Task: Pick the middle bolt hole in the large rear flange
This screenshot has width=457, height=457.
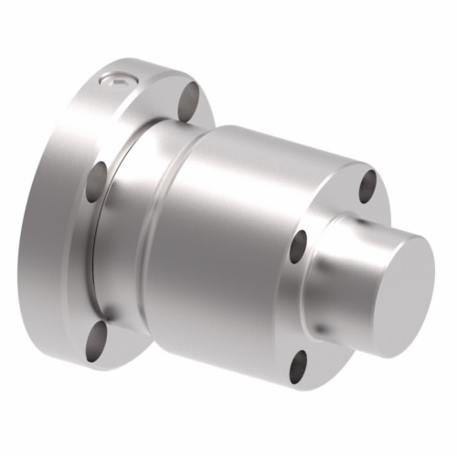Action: [x=96, y=183]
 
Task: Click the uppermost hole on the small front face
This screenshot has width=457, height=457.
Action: [x=367, y=182]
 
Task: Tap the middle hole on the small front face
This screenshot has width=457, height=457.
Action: [x=299, y=244]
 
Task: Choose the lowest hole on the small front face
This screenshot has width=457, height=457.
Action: [x=299, y=367]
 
